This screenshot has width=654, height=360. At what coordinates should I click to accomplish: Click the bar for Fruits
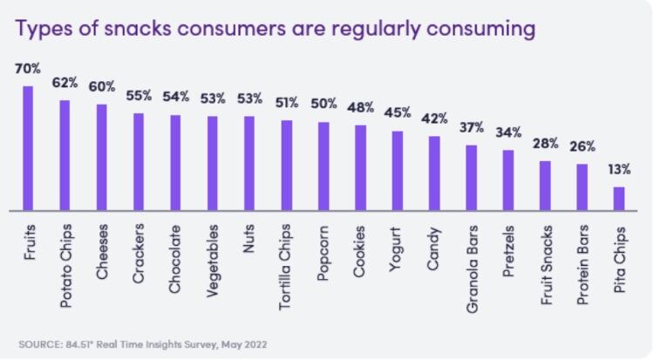tap(28, 148)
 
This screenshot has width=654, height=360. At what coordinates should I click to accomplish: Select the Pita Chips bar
tap(619, 199)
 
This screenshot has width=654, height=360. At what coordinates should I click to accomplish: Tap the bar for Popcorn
tap(324, 166)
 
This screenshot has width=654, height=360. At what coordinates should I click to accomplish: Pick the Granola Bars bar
tap(471, 178)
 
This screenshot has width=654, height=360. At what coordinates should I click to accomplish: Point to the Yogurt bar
tap(398, 171)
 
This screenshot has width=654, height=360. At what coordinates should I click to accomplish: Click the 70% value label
tap(27, 68)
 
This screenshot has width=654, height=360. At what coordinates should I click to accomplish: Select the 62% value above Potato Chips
tap(64, 84)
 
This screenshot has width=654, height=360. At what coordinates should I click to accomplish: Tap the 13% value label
tap(618, 171)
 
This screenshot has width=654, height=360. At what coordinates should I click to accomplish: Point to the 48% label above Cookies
tap(360, 108)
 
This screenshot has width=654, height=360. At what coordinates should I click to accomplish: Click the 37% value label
tap(472, 127)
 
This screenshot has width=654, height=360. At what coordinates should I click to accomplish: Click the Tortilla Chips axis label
tap(286, 261)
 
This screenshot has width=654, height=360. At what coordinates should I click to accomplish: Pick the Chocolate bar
tap(175, 163)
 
